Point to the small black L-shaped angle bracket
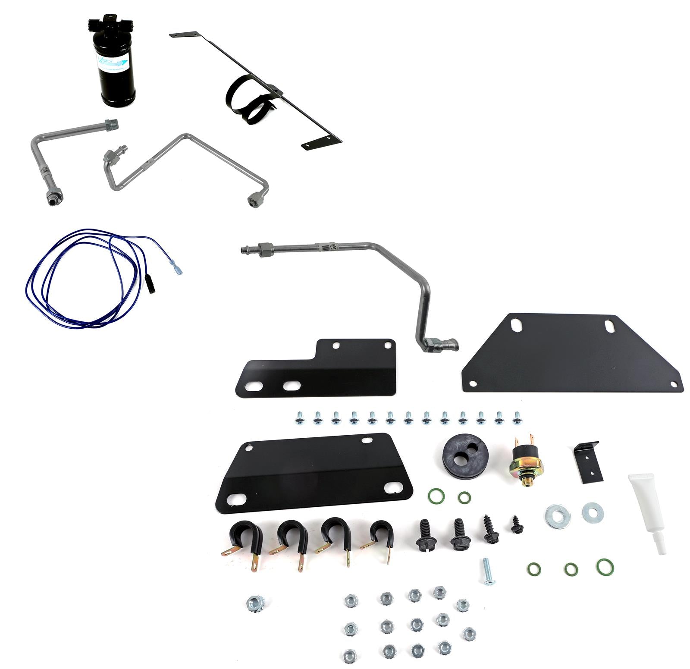590,461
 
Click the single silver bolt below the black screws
488,571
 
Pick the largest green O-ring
605,567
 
